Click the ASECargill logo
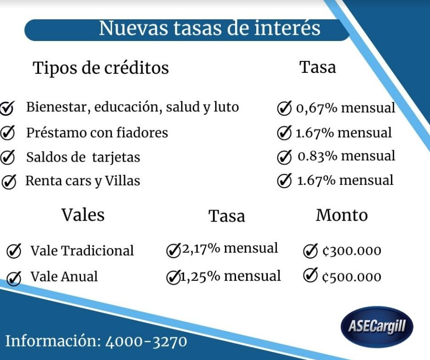pyautogui.click(x=377, y=327)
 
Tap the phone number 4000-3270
pyautogui.click(x=146, y=342)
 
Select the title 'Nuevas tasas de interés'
pyautogui.click(x=209, y=28)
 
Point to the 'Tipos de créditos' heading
pyautogui.click(x=101, y=68)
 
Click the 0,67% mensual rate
pyautogui.click(x=346, y=108)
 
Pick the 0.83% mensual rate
pyautogui.click(x=347, y=156)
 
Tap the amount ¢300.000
pyautogui.click(x=352, y=250)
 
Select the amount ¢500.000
pyautogui.click(x=352, y=277)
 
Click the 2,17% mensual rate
pyautogui.click(x=230, y=248)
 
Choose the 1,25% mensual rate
pyautogui.click(x=230, y=276)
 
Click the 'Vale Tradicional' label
pyautogui.click(x=82, y=250)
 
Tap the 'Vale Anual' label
pyautogui.click(x=64, y=277)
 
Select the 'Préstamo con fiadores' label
pyautogui.click(x=97, y=133)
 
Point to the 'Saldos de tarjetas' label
pyautogui.click(x=83, y=157)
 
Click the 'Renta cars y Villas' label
pyautogui.click(x=83, y=181)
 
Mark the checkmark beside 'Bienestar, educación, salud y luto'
pyautogui.click(x=7, y=108)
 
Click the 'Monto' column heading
pyautogui.click(x=342, y=215)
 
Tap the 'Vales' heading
pyautogui.click(x=83, y=215)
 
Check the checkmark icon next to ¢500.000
pyautogui.click(x=310, y=275)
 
